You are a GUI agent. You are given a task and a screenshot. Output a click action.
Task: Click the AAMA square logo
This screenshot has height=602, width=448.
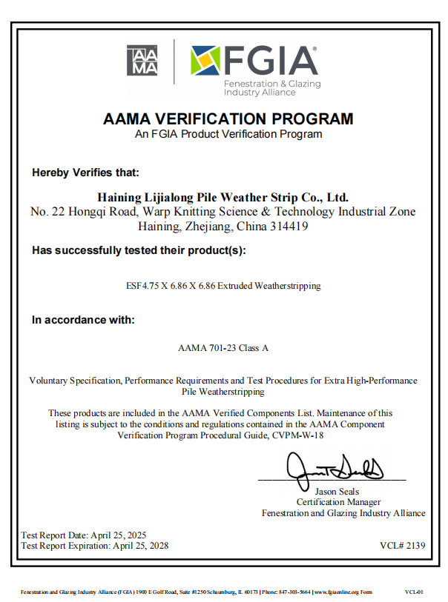coord(142,60)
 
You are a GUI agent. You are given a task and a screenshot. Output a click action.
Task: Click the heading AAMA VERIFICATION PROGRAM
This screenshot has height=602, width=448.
coord(228,118)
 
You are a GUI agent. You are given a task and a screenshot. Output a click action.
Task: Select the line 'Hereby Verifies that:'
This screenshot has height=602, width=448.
coord(85,173)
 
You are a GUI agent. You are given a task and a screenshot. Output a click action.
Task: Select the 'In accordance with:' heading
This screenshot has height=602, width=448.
coord(83,320)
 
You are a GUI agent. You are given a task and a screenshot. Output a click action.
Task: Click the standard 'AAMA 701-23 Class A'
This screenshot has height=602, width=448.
coord(223,347)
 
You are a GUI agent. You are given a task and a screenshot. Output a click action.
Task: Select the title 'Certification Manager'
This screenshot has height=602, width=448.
coord(338,502)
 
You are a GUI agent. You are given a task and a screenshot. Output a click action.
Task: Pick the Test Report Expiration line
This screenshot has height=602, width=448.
coord(95,546)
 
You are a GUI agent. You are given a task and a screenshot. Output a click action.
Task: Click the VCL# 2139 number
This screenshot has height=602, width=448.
coord(402,546)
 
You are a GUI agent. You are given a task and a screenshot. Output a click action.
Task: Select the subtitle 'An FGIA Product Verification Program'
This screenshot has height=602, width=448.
coord(228,134)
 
